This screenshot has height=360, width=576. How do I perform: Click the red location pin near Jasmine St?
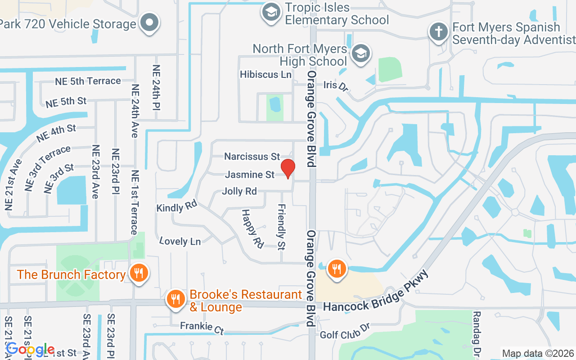(x=288, y=169)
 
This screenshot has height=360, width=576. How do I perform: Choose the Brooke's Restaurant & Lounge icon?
(x=175, y=299)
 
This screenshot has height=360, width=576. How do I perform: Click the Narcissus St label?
(x=252, y=157)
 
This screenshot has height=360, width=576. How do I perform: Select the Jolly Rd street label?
(x=239, y=191)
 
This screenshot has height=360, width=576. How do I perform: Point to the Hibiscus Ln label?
(x=265, y=74)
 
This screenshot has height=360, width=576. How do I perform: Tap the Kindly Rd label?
(x=177, y=207)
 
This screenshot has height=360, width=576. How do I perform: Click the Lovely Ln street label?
(x=180, y=241)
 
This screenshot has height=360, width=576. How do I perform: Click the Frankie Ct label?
(x=202, y=327)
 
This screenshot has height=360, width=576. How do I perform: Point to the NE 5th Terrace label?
(x=88, y=81)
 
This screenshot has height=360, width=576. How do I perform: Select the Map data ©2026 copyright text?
(x=538, y=354)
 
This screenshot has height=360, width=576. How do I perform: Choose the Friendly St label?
(x=281, y=227)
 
